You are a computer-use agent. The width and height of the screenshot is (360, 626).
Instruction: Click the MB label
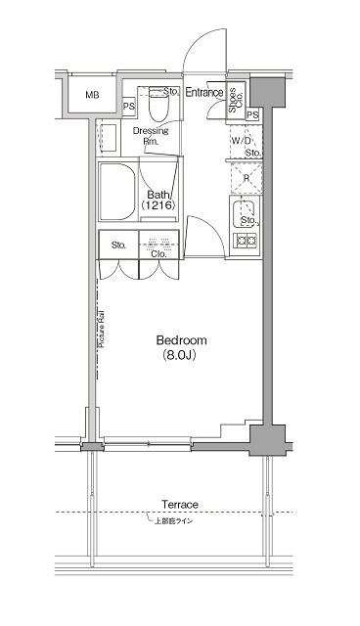[92, 95]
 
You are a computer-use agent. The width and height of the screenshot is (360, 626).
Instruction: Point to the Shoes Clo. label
[236, 101]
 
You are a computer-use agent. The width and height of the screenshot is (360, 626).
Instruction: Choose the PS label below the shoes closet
[252, 115]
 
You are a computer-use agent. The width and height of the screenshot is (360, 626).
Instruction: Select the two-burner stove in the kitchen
[246, 239]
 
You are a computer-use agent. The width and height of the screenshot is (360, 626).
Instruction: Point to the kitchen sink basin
[245, 212]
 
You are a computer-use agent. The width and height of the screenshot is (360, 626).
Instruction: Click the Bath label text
[157, 195]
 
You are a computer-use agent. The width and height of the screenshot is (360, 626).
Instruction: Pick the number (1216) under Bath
[157, 207]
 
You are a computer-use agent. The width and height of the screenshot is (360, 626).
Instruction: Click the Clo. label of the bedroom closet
[158, 254]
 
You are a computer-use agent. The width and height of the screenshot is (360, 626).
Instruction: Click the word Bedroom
[181, 340]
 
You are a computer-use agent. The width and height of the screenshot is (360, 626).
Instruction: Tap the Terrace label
[180, 505]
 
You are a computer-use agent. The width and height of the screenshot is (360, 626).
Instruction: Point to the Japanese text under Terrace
[180, 519]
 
